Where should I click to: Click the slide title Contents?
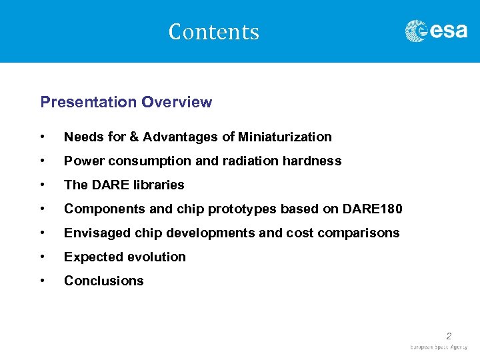(x=213, y=32)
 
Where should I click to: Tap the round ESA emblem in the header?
(x=417, y=31)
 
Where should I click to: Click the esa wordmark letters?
(x=448, y=31)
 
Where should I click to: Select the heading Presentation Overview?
(x=126, y=102)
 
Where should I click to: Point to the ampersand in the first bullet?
(x=134, y=137)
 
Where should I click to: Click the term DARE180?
(x=375, y=209)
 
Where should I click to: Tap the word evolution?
(x=158, y=257)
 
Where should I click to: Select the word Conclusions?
(x=103, y=281)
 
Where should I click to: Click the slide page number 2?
(x=449, y=336)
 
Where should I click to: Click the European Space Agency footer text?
(x=439, y=347)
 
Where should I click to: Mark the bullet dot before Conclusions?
(x=43, y=281)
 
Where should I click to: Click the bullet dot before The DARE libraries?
(x=43, y=185)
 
